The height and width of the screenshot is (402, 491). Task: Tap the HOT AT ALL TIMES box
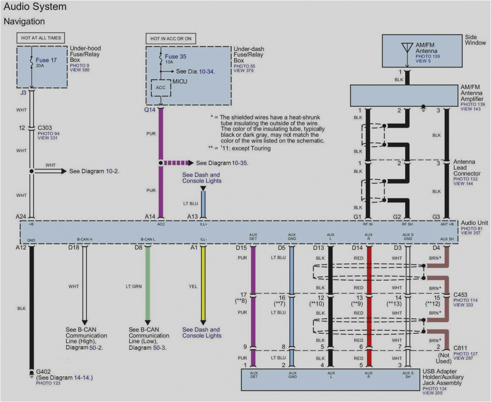pyautogui.click(x=41, y=38)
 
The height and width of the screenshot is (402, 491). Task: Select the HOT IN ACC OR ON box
pyautogui.click(x=171, y=39)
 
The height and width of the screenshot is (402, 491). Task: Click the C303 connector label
pyautogui.click(x=44, y=128)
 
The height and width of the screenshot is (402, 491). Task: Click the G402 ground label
pyautogui.click(x=44, y=372)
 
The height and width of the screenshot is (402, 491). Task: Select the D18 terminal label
pyautogui.click(x=74, y=247)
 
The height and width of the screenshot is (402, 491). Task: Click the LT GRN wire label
pyautogui.click(x=134, y=286)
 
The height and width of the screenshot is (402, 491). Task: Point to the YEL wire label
pyautogui.click(x=193, y=286)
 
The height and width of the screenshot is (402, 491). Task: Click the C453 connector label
pyautogui.click(x=461, y=295)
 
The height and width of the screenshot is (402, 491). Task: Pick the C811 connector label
pyautogui.click(x=461, y=349)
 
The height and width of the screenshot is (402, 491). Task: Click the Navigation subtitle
pyautogui.click(x=24, y=21)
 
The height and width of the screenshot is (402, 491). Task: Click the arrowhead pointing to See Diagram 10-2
pyautogui.click(x=63, y=171)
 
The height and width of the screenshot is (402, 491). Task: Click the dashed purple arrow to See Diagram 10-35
pyautogui.click(x=178, y=163)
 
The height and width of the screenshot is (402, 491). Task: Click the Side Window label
pyautogui.click(x=475, y=40)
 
